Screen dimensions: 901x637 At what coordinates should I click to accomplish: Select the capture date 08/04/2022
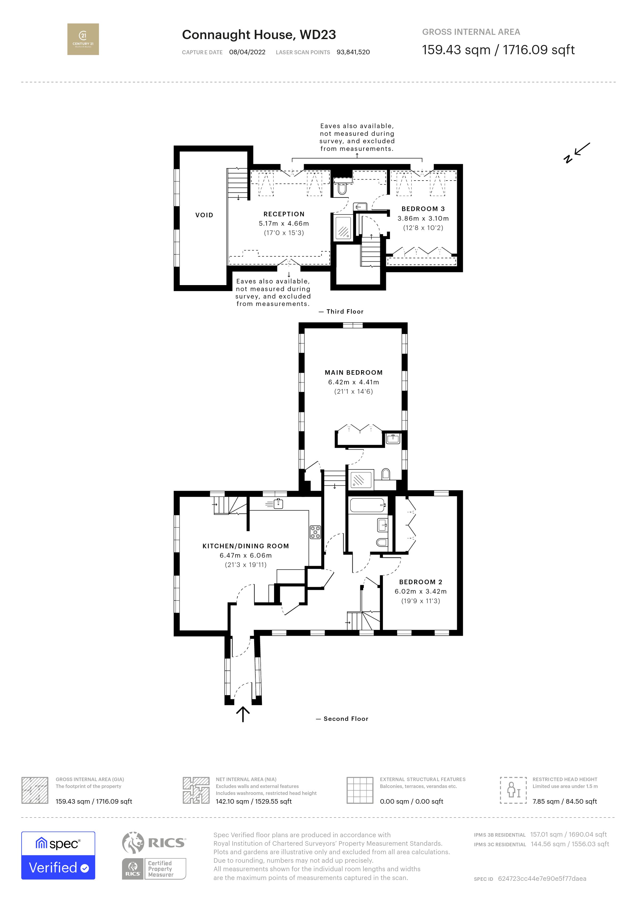click(x=247, y=52)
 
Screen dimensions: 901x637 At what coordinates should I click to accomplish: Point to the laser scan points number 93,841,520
click(x=353, y=52)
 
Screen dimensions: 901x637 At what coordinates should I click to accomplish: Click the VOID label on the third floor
click(x=204, y=215)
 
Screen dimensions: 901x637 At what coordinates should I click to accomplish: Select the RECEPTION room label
click(x=284, y=214)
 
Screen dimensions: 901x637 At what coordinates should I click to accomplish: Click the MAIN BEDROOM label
click(x=353, y=372)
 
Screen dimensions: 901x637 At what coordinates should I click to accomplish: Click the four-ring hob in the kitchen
click(x=315, y=532)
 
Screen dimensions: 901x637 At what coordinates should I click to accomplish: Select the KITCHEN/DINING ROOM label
click(x=246, y=546)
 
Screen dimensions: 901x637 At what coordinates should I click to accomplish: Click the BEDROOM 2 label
click(x=421, y=582)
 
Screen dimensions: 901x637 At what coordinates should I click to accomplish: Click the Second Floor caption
click(x=345, y=719)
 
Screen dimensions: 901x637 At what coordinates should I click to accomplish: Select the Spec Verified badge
click(x=58, y=855)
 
